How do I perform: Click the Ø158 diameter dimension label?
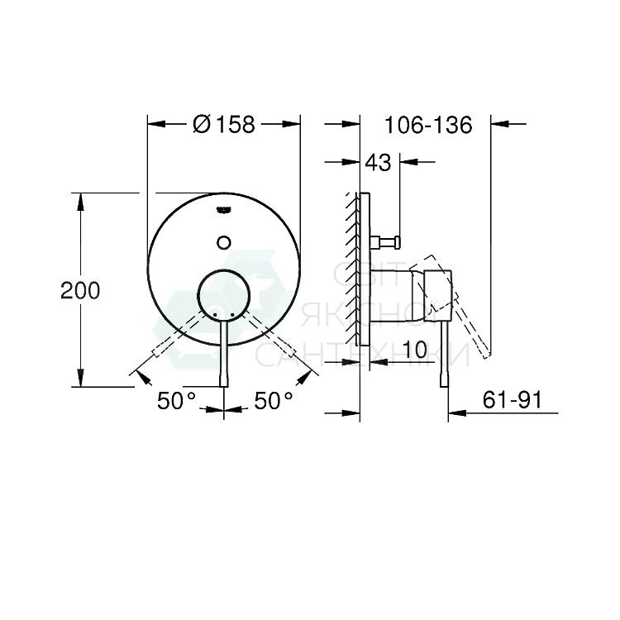[223, 124]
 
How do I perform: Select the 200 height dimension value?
[80, 290]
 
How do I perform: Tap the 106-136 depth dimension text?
[428, 125]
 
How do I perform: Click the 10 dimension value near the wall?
[417, 351]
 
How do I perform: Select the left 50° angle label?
[177, 401]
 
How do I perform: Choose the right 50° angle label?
[274, 401]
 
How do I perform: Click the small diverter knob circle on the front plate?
[223, 241]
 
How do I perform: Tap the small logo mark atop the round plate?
[223, 209]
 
